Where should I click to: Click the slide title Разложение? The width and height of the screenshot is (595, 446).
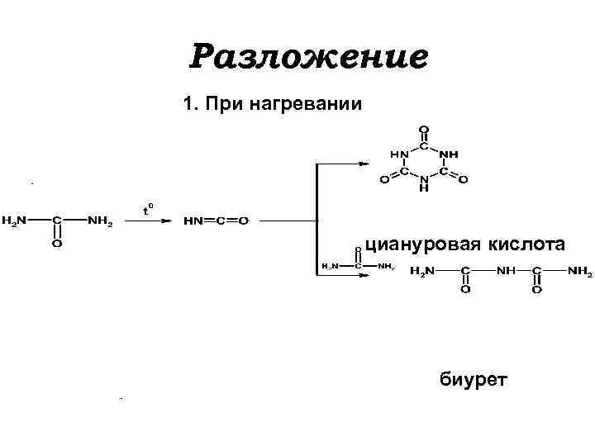(x=309, y=57)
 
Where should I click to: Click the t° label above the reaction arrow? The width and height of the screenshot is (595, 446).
(x=148, y=210)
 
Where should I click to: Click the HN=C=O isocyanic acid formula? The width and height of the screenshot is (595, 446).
(x=217, y=221)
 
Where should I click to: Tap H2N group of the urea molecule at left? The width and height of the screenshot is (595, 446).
(x=14, y=221)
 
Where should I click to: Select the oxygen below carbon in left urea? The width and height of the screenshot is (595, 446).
(x=56, y=244)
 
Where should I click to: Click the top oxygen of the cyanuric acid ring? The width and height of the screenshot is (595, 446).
(x=424, y=130)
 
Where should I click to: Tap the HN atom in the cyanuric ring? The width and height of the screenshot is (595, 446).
(x=399, y=154)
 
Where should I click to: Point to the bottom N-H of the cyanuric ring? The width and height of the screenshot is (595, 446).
(x=424, y=183)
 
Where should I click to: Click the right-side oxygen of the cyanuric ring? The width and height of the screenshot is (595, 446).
(x=464, y=178)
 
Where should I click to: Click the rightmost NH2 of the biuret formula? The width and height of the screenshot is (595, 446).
(x=579, y=270)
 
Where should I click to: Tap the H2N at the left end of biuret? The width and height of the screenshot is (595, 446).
(x=421, y=270)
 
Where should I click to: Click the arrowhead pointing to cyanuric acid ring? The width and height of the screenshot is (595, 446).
(x=364, y=164)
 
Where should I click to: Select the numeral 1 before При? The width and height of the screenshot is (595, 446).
(x=188, y=105)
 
